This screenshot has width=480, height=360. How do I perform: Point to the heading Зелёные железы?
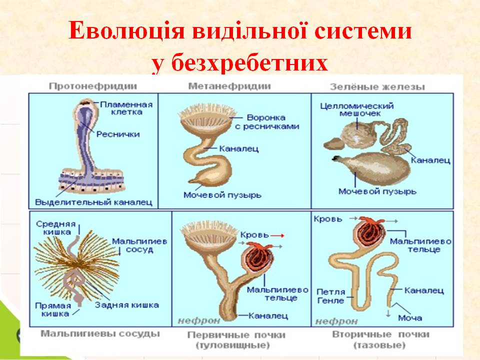377,86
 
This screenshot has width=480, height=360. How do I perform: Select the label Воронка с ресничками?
266,121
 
